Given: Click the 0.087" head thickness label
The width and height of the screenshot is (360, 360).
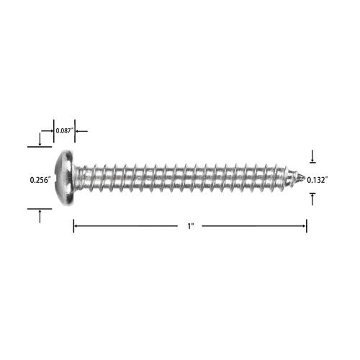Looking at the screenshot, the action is pyautogui.click(x=64, y=131).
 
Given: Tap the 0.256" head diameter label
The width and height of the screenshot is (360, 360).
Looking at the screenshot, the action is pyautogui.click(x=40, y=180).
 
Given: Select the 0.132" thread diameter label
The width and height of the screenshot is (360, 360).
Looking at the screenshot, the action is pyautogui.click(x=318, y=180).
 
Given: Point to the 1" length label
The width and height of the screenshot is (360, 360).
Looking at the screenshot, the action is pyautogui.click(x=191, y=226).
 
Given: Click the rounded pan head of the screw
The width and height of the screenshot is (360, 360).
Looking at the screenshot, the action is pyautogui.click(x=64, y=178).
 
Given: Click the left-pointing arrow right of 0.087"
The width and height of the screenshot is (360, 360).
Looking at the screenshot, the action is pyautogui.click(x=81, y=131).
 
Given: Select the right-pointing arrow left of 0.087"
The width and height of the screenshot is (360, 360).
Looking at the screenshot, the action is pyautogui.click(x=47, y=131).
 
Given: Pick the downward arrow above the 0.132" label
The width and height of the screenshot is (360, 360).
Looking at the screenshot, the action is pyautogui.click(x=312, y=156).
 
